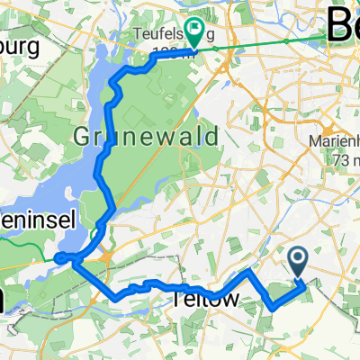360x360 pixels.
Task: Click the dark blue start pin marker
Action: (x=300, y=263)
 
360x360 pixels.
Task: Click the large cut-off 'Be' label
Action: (x=342, y=20)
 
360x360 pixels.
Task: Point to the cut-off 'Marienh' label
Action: (x=334, y=141)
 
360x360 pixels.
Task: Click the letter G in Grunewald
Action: (x=83, y=138)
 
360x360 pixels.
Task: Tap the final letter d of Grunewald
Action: (x=212, y=138)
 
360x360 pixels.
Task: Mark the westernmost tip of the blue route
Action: (x=57, y=259)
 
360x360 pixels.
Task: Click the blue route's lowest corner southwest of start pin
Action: (x=273, y=309)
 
